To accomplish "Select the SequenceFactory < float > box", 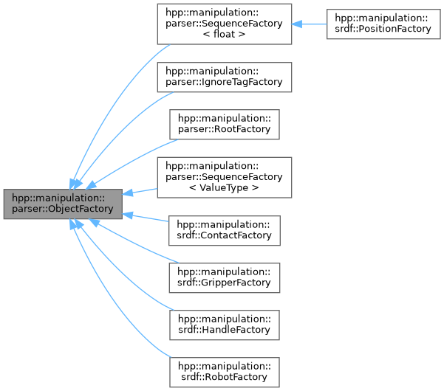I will point(222,24).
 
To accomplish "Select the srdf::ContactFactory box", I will point(224,229).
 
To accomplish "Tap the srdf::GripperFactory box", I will point(224,277).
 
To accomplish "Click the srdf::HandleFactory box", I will point(224,325).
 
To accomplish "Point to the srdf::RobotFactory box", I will point(224,372).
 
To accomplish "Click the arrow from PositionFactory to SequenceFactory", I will point(309,24).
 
